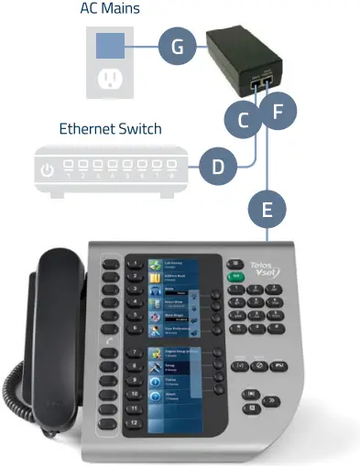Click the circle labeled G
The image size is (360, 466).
coord(178,47)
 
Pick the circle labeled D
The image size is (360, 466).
coord(218,166)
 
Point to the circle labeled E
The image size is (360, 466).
coord(267,209)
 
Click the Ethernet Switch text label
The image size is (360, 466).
coord(111,129)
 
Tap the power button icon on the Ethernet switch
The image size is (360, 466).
coord(49,169)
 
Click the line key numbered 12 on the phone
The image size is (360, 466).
coord(135,425)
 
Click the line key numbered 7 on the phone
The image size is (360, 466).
coord(135,352)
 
